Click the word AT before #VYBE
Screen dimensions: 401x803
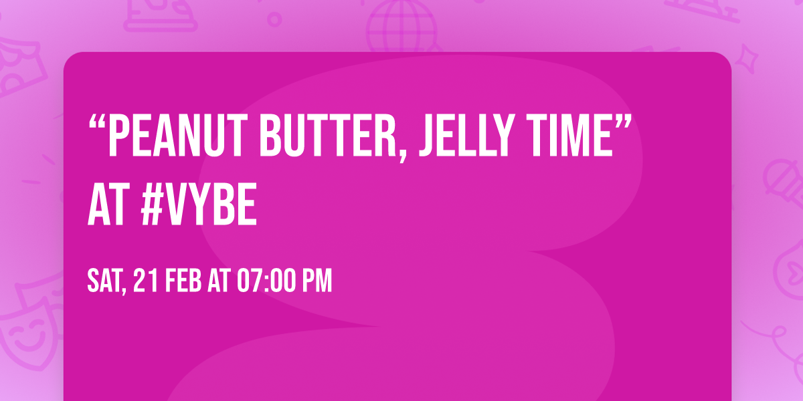(x=109, y=208)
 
